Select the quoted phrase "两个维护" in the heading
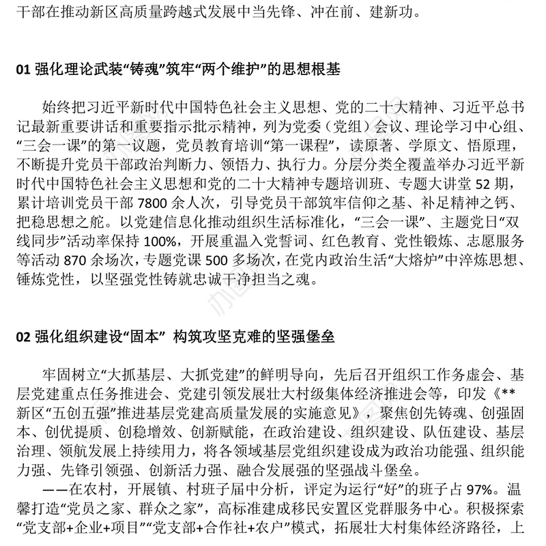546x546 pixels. pyautogui.click(x=223, y=70)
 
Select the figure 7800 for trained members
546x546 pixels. pyautogui.click(x=158, y=204)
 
